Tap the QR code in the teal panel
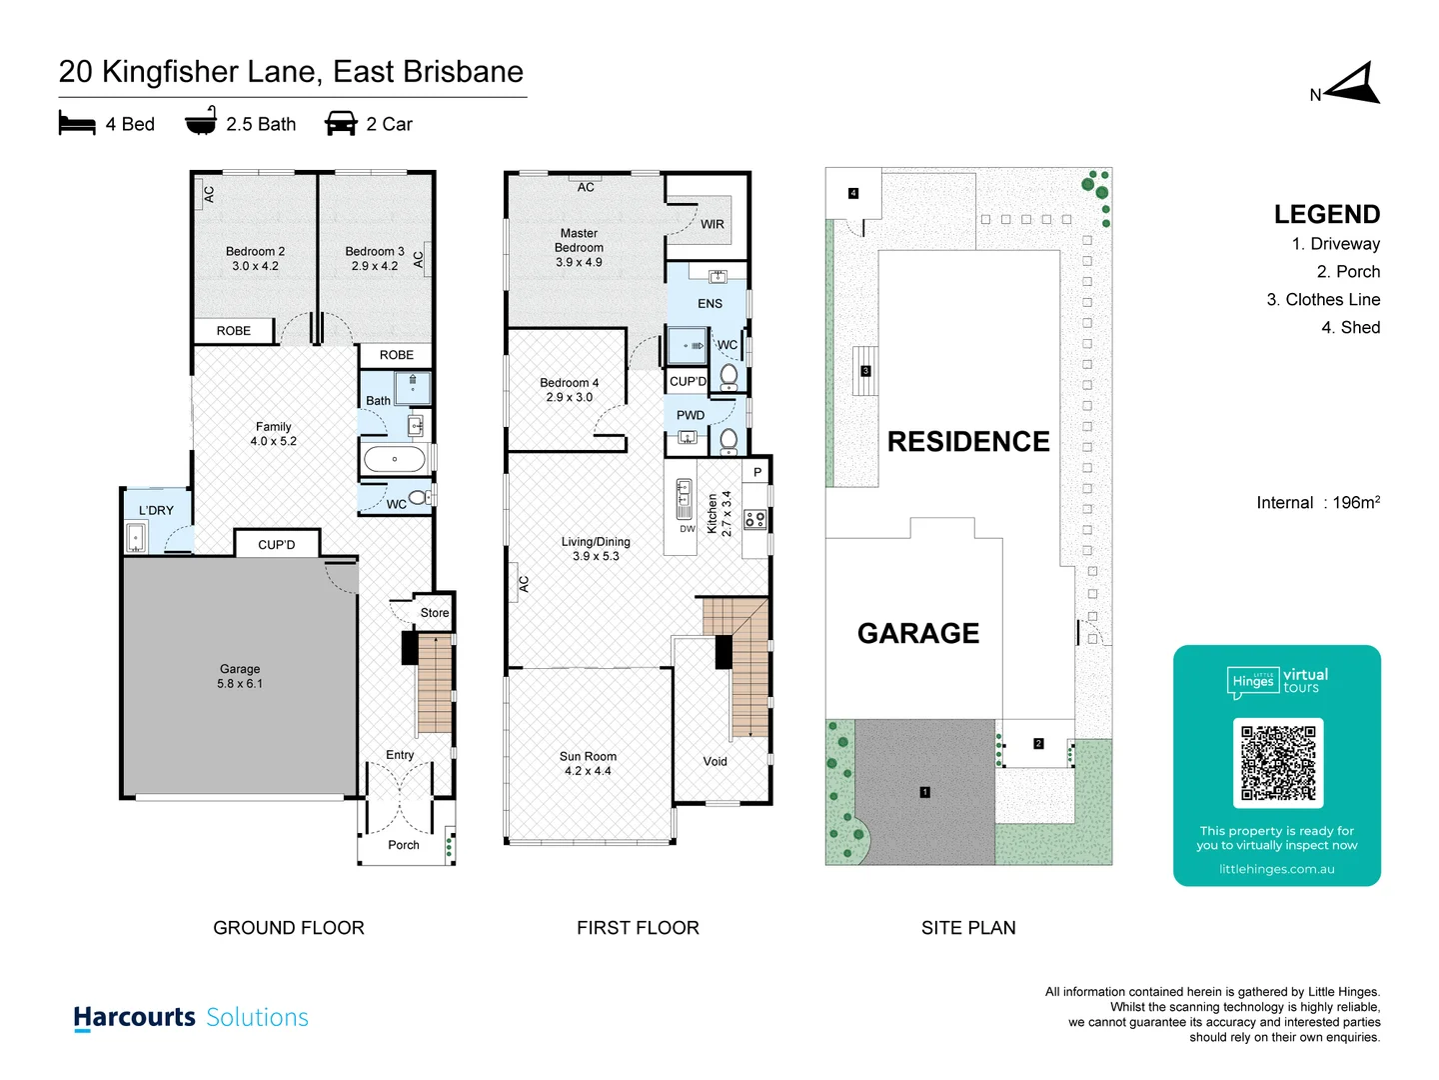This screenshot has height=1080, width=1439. pos(1278,763)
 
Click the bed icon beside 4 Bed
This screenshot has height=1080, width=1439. pos(77,124)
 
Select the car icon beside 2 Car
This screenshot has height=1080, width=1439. pos(341,124)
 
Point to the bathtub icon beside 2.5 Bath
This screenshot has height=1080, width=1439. pos(201,122)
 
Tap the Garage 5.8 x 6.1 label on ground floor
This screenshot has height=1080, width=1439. pos(240,676)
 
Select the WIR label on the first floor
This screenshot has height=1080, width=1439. pos(712,225)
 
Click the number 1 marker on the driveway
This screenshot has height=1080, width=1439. pos(924,792)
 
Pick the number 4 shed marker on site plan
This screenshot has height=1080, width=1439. pos(852,193)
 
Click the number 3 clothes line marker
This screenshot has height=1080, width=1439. pos(865,371)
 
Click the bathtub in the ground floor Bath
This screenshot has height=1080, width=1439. pos(395,460)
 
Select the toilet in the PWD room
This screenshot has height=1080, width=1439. pos(729,439)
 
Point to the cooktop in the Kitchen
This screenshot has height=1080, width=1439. pos(755,519)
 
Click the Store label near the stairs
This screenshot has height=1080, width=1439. pos(434,613)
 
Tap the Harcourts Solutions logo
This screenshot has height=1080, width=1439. pos(191,1018)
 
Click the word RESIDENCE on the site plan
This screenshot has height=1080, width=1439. pos(967,442)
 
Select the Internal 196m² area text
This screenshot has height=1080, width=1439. pos(1317,503)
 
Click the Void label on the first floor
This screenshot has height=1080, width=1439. pos(715,762)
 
